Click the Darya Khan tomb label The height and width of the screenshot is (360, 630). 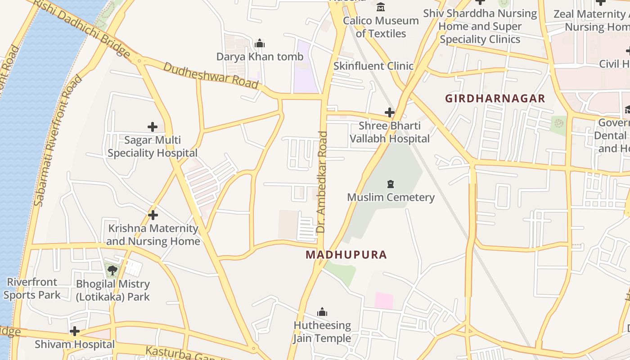pyautogui.click(x=260, y=57)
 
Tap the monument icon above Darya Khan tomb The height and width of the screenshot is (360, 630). pyautogui.click(x=260, y=44)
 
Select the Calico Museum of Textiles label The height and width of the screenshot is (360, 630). pyautogui.click(x=381, y=27)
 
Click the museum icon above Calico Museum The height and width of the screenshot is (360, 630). pyautogui.click(x=381, y=7)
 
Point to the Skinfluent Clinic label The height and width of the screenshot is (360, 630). pyautogui.click(x=373, y=66)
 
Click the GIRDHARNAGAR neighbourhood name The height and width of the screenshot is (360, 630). pyautogui.click(x=495, y=98)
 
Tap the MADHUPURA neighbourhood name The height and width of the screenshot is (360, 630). pyautogui.click(x=346, y=255)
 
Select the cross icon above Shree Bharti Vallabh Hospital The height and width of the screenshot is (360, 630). pyautogui.click(x=390, y=112)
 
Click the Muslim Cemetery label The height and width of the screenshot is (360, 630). pyautogui.click(x=391, y=197)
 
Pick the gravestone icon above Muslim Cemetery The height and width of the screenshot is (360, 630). pyautogui.click(x=390, y=184)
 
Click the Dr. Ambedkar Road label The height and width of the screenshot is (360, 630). pyautogui.click(x=321, y=182)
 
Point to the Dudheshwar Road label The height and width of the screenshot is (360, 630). pyautogui.click(x=211, y=75)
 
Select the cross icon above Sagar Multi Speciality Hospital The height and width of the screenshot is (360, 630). pyautogui.click(x=153, y=127)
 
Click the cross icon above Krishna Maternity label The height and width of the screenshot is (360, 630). pyautogui.click(x=153, y=215)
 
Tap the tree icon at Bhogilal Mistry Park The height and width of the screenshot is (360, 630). pyautogui.click(x=112, y=270)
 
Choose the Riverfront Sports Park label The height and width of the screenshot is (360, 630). pyautogui.click(x=31, y=288)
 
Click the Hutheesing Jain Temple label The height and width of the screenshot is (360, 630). pyautogui.click(x=322, y=332)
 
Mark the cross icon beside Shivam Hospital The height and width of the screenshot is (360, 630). pyautogui.click(x=75, y=332)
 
